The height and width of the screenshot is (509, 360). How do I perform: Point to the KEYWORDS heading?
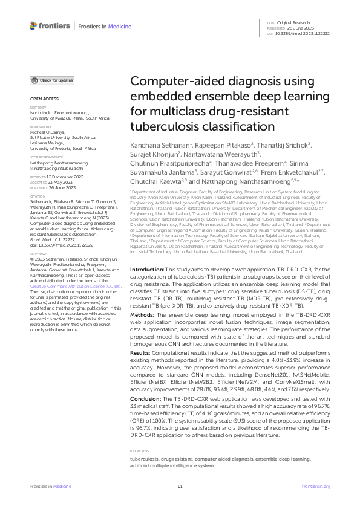[141, 451]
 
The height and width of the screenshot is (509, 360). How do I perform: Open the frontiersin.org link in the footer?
[315, 487]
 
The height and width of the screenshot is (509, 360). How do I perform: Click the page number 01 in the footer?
[180, 487]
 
